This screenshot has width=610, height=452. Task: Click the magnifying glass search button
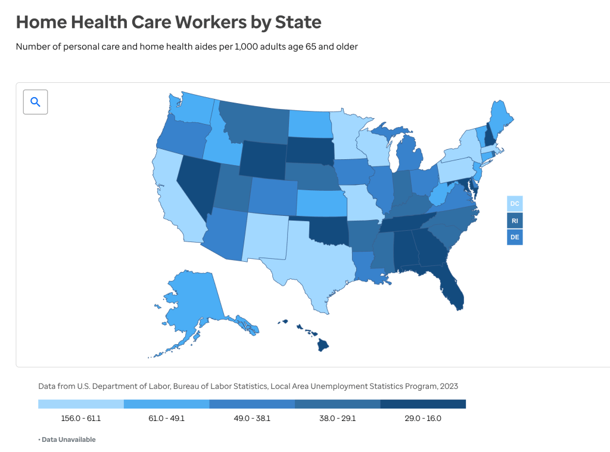pyautogui.click(x=35, y=102)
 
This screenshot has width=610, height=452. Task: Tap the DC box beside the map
pyautogui.click(x=515, y=203)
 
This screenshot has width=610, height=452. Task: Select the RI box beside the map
pyautogui.click(x=515, y=221)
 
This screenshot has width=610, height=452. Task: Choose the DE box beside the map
pyautogui.click(x=515, y=237)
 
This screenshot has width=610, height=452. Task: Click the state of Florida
pyautogui.click(x=452, y=286)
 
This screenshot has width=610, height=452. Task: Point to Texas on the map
pyautogui.click(x=315, y=261)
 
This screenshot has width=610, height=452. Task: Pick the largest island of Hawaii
pyautogui.click(x=323, y=345)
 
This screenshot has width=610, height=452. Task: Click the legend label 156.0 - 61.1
pyautogui.click(x=81, y=419)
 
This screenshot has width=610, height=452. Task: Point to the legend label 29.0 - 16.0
pyautogui.click(x=423, y=419)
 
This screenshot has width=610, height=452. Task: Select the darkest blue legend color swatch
pyautogui.click(x=423, y=404)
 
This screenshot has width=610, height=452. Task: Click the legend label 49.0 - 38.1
pyautogui.click(x=252, y=419)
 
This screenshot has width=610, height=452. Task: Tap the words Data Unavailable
pyautogui.click(x=69, y=439)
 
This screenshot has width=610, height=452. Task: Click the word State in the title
pyautogui.click(x=298, y=22)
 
